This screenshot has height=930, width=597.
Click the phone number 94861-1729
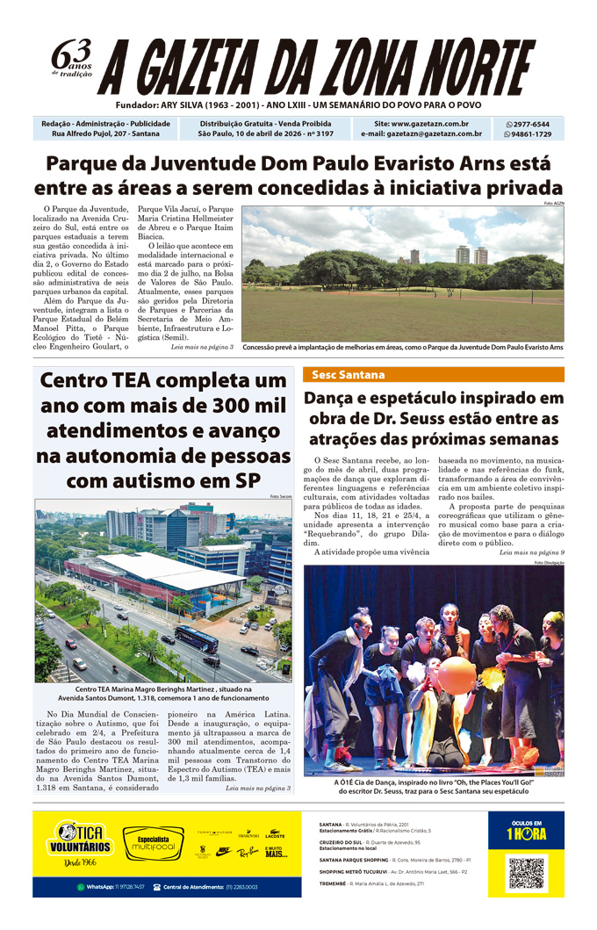coord(532,134)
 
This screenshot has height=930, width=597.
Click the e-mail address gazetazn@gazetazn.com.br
coord(421,134)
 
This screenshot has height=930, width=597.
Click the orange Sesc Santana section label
coord(349,375)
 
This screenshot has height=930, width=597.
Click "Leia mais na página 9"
coord(532,552)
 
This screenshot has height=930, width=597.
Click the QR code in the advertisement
coord(527,873)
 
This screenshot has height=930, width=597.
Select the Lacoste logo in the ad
coord(275,833)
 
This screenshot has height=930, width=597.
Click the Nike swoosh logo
coord(224,851)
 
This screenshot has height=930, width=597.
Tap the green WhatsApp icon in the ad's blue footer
coord(80,887)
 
